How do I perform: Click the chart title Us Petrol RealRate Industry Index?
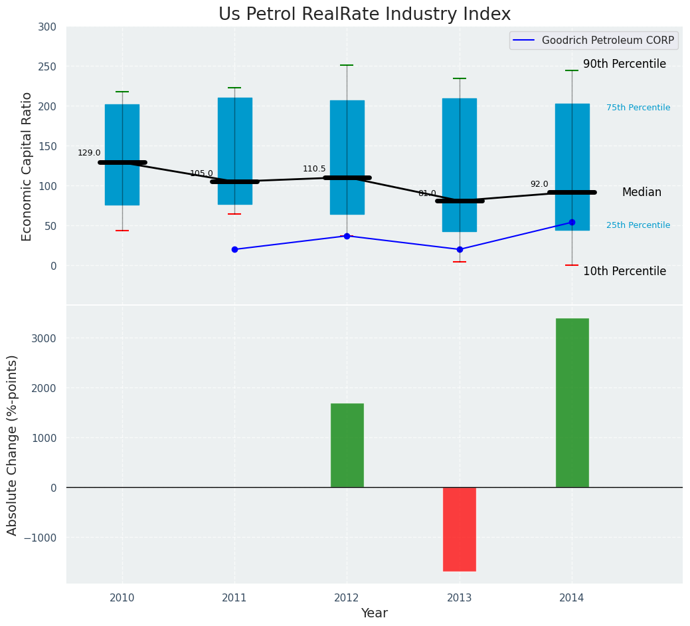click(x=365, y=15)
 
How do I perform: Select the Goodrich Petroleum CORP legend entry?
click(x=594, y=41)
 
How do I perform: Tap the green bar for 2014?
click(x=572, y=403)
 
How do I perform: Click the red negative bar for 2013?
click(x=460, y=529)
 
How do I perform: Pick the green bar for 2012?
click(x=347, y=445)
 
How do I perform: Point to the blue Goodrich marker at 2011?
click(x=234, y=249)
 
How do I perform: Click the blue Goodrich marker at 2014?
click(x=572, y=222)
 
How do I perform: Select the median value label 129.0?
click(x=89, y=153)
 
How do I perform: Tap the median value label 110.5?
click(x=314, y=169)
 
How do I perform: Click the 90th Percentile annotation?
click(x=624, y=64)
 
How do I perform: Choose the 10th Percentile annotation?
click(x=624, y=271)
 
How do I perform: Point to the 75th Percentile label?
click(x=638, y=108)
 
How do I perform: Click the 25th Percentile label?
click(x=638, y=225)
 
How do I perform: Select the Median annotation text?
click(x=642, y=192)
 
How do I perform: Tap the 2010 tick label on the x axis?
click(x=122, y=598)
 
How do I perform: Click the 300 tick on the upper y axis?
click(x=52, y=27)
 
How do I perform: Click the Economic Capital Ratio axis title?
click(x=27, y=166)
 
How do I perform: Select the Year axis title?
click(x=375, y=613)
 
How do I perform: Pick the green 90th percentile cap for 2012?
click(x=347, y=65)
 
